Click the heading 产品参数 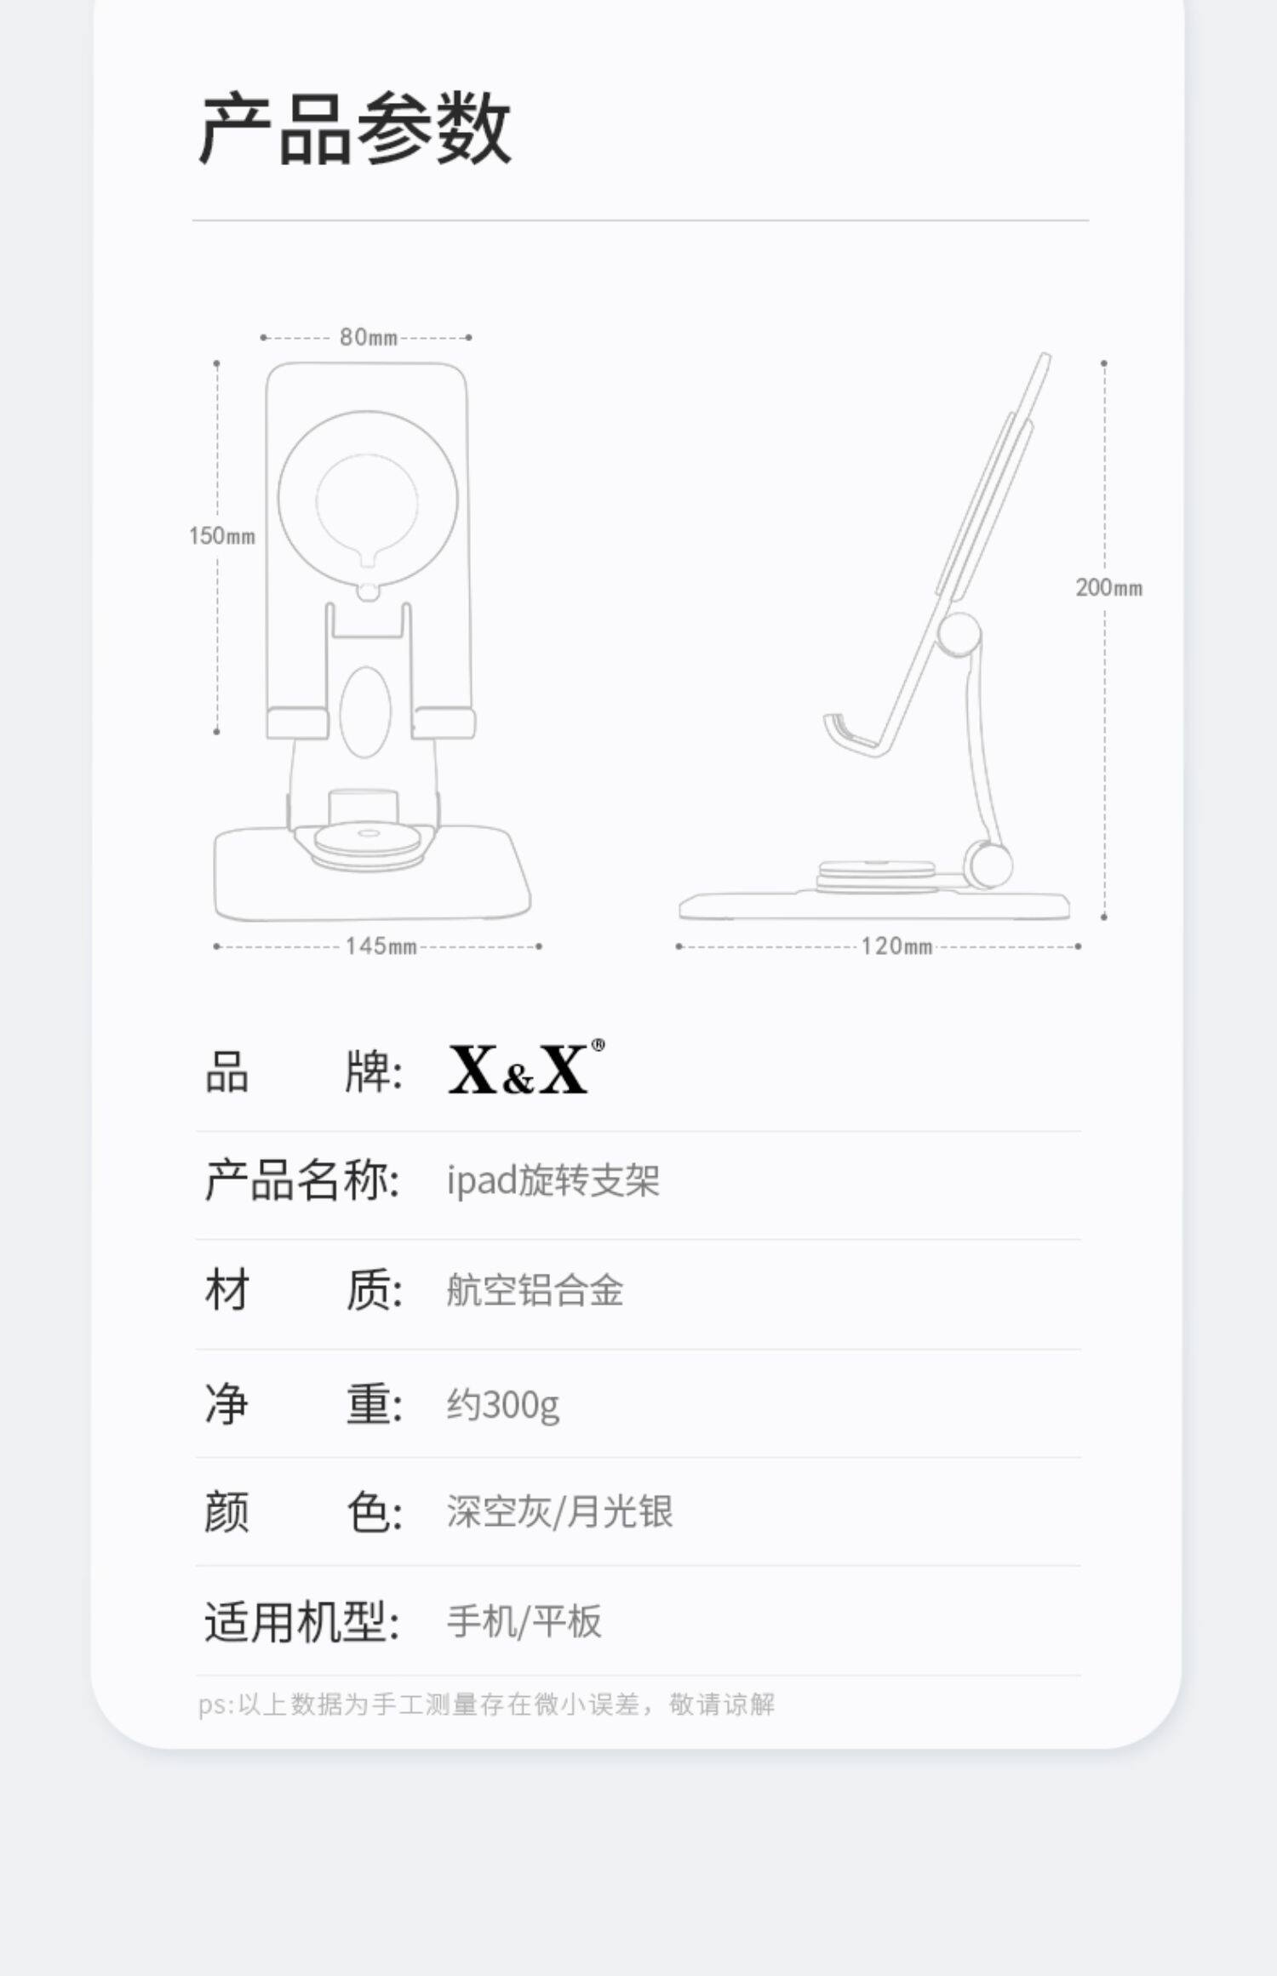pos(354,129)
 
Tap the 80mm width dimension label pos(368,338)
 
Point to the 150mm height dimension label pos(222,536)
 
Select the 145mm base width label pos(381,946)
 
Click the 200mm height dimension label pos(1108,588)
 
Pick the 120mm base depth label pos(896,946)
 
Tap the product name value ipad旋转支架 pos(553,1180)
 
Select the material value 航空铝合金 pos(535,1290)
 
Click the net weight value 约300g pos(502,1404)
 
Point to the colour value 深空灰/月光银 pos(559,1512)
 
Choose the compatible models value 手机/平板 pos(524,1621)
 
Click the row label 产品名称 pos(301,1180)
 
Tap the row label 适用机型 pos(301,1621)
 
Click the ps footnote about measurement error pos(486,1705)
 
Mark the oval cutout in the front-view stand pos(365,712)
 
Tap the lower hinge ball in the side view pos(988,864)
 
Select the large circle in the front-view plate pos(368,499)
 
